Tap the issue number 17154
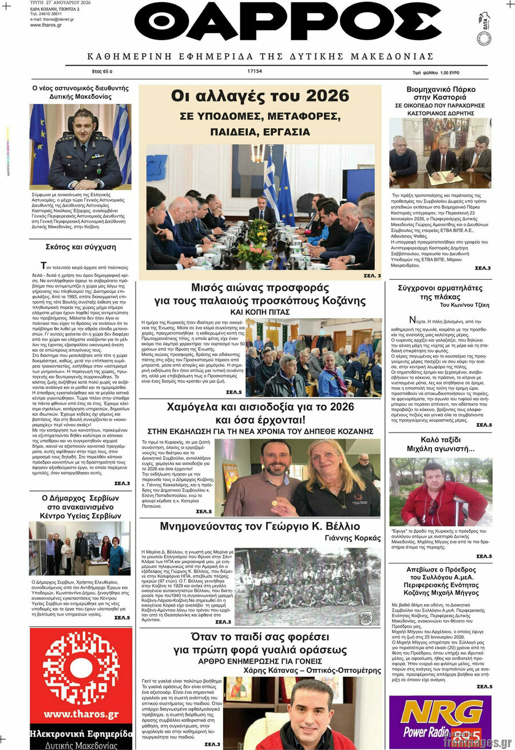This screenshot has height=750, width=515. click(255, 72)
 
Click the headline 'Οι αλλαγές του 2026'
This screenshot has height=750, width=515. click(260, 96)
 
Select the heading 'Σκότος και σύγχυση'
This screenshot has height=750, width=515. click(81, 247)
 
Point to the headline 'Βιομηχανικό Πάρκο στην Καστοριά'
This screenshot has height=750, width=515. click(440, 94)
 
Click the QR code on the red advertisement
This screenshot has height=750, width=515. click(81, 668)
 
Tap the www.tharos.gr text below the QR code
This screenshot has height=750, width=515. click(81, 714)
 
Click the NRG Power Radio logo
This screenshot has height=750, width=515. click(440, 720)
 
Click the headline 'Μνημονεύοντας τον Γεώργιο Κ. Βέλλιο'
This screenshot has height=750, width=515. click(260, 526)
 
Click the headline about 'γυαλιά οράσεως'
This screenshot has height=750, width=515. click(260, 643)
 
